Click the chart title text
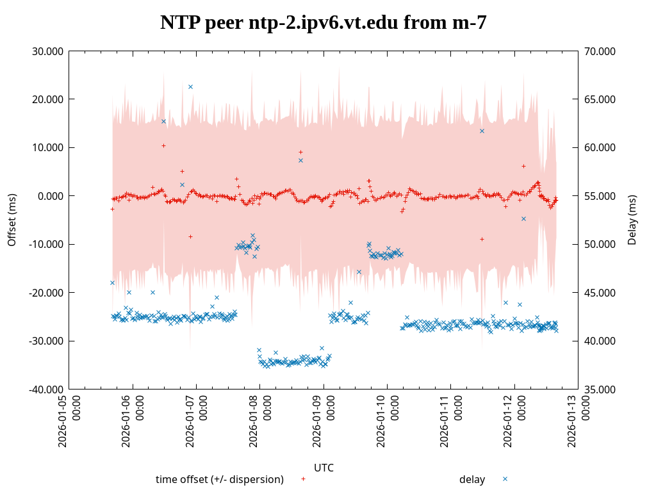[x=324, y=23]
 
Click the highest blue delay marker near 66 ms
[x=190, y=86]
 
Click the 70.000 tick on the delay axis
[x=602, y=51]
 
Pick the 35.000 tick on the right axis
[x=602, y=389]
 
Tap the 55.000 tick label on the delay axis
[x=602, y=196]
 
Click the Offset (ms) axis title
[x=12, y=220]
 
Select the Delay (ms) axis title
[x=632, y=220]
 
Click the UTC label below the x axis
[x=324, y=468]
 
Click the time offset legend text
[x=220, y=479]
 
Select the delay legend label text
[x=472, y=479]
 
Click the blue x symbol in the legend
[x=505, y=479]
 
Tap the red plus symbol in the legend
[x=303, y=479]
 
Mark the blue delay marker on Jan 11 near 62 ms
[x=482, y=131]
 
